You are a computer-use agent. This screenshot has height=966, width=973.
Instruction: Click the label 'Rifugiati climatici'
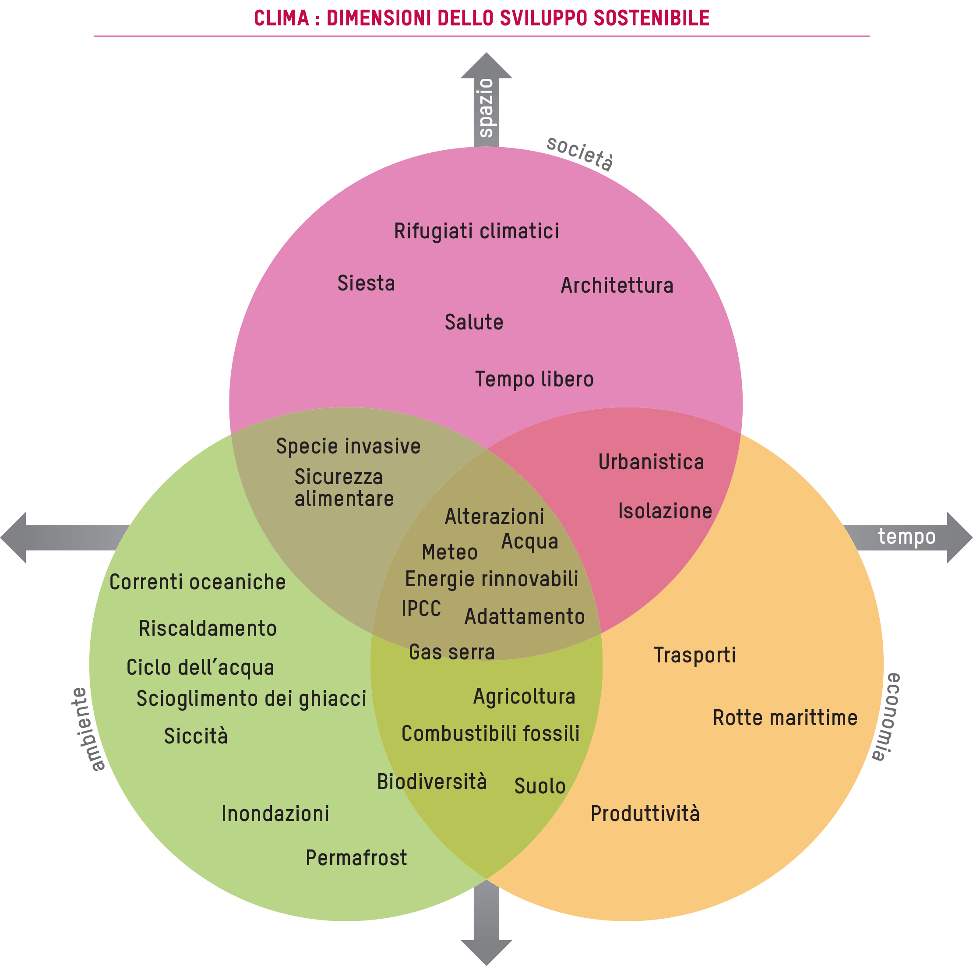click(476, 231)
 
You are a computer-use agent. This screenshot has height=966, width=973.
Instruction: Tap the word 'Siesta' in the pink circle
click(366, 283)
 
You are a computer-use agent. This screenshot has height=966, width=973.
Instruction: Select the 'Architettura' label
click(617, 286)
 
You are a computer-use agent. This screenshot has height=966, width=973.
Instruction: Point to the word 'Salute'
click(473, 322)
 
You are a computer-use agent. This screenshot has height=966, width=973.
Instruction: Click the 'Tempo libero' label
click(534, 379)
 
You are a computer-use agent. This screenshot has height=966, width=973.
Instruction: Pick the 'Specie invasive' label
click(348, 446)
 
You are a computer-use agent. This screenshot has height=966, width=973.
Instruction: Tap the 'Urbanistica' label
click(651, 462)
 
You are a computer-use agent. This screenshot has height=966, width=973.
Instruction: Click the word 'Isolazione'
click(665, 511)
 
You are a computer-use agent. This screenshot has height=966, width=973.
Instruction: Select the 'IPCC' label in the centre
click(421, 609)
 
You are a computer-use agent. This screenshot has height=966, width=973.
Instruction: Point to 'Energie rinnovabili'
click(492, 579)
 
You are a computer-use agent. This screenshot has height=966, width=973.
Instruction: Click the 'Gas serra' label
click(452, 652)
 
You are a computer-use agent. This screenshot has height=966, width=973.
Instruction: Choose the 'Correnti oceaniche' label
click(197, 582)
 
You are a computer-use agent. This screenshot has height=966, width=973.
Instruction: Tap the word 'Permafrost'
click(356, 858)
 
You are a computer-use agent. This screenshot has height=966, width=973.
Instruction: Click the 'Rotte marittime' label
click(785, 718)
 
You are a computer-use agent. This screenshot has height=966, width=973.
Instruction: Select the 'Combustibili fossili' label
click(490, 734)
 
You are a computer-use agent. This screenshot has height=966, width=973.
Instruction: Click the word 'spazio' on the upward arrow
click(486, 107)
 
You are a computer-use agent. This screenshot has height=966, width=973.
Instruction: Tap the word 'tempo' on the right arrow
click(906, 536)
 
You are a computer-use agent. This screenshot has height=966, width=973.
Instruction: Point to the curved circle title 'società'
click(580, 154)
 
